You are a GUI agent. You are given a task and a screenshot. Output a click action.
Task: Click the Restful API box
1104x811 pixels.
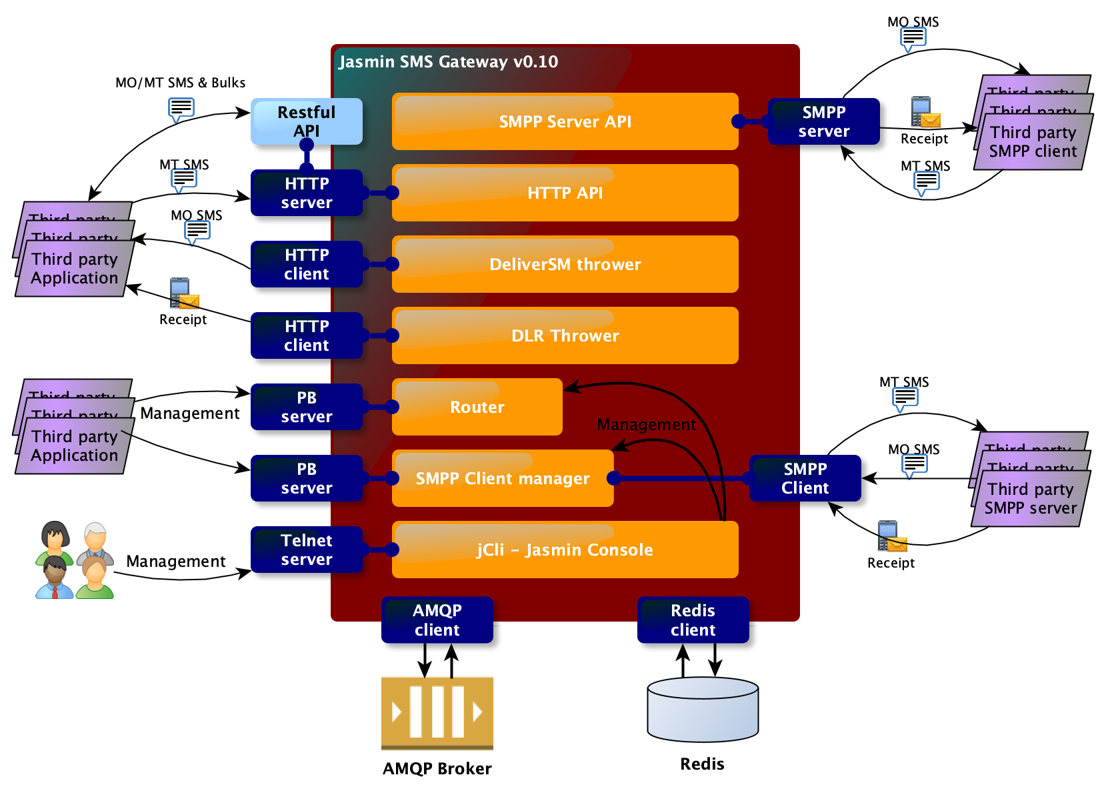[306, 121]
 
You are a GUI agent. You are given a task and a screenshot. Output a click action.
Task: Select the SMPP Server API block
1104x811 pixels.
[565, 121]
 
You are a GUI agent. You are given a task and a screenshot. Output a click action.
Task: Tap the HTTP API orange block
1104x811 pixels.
[565, 193]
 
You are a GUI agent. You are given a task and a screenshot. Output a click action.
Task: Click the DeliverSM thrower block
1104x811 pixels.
[565, 264]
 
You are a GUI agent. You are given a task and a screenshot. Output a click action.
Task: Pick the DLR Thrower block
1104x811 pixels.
[565, 335]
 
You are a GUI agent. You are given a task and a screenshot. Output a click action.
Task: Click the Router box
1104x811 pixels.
[477, 407]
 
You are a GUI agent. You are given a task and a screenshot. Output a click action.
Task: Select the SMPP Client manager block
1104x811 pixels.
[503, 478]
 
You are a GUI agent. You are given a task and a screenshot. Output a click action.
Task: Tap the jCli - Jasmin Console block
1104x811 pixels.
[565, 550]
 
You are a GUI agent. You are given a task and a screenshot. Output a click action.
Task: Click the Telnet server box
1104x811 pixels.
[306, 550]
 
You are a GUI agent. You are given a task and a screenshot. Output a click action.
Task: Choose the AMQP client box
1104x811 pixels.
[437, 620]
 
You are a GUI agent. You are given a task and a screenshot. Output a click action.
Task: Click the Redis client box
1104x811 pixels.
[693, 620]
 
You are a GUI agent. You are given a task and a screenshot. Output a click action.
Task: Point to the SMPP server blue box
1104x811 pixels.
[823, 121]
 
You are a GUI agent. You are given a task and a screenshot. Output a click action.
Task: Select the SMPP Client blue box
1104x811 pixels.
[805, 478]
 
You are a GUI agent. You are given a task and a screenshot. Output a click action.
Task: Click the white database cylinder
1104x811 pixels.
[703, 710]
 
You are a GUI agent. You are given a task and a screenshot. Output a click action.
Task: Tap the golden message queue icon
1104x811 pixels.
[437, 712]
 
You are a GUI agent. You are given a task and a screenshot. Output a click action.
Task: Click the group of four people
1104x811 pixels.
[75, 560]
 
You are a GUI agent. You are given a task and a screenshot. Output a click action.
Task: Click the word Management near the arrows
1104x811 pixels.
[646, 425]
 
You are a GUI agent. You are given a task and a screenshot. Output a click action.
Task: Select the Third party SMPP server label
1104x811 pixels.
[1030, 498]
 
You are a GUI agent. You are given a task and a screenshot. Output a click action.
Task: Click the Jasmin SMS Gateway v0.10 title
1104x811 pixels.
[448, 62]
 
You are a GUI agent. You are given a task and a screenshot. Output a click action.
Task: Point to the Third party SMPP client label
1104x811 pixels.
[1033, 141]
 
